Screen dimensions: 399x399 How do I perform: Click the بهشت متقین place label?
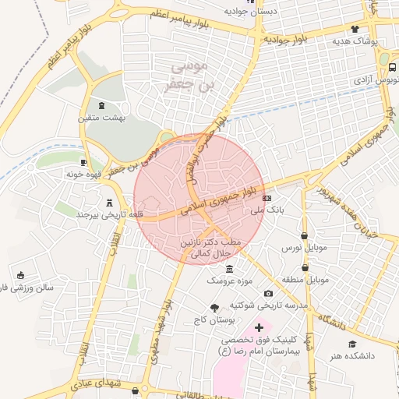click(97, 118)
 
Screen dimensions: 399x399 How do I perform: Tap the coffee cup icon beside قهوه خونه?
click(83, 162)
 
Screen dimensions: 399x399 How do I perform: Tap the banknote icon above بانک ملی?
click(267, 199)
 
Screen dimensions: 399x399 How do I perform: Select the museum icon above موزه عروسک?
click(228, 269)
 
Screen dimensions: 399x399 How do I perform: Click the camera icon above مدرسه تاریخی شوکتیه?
click(269, 293)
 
